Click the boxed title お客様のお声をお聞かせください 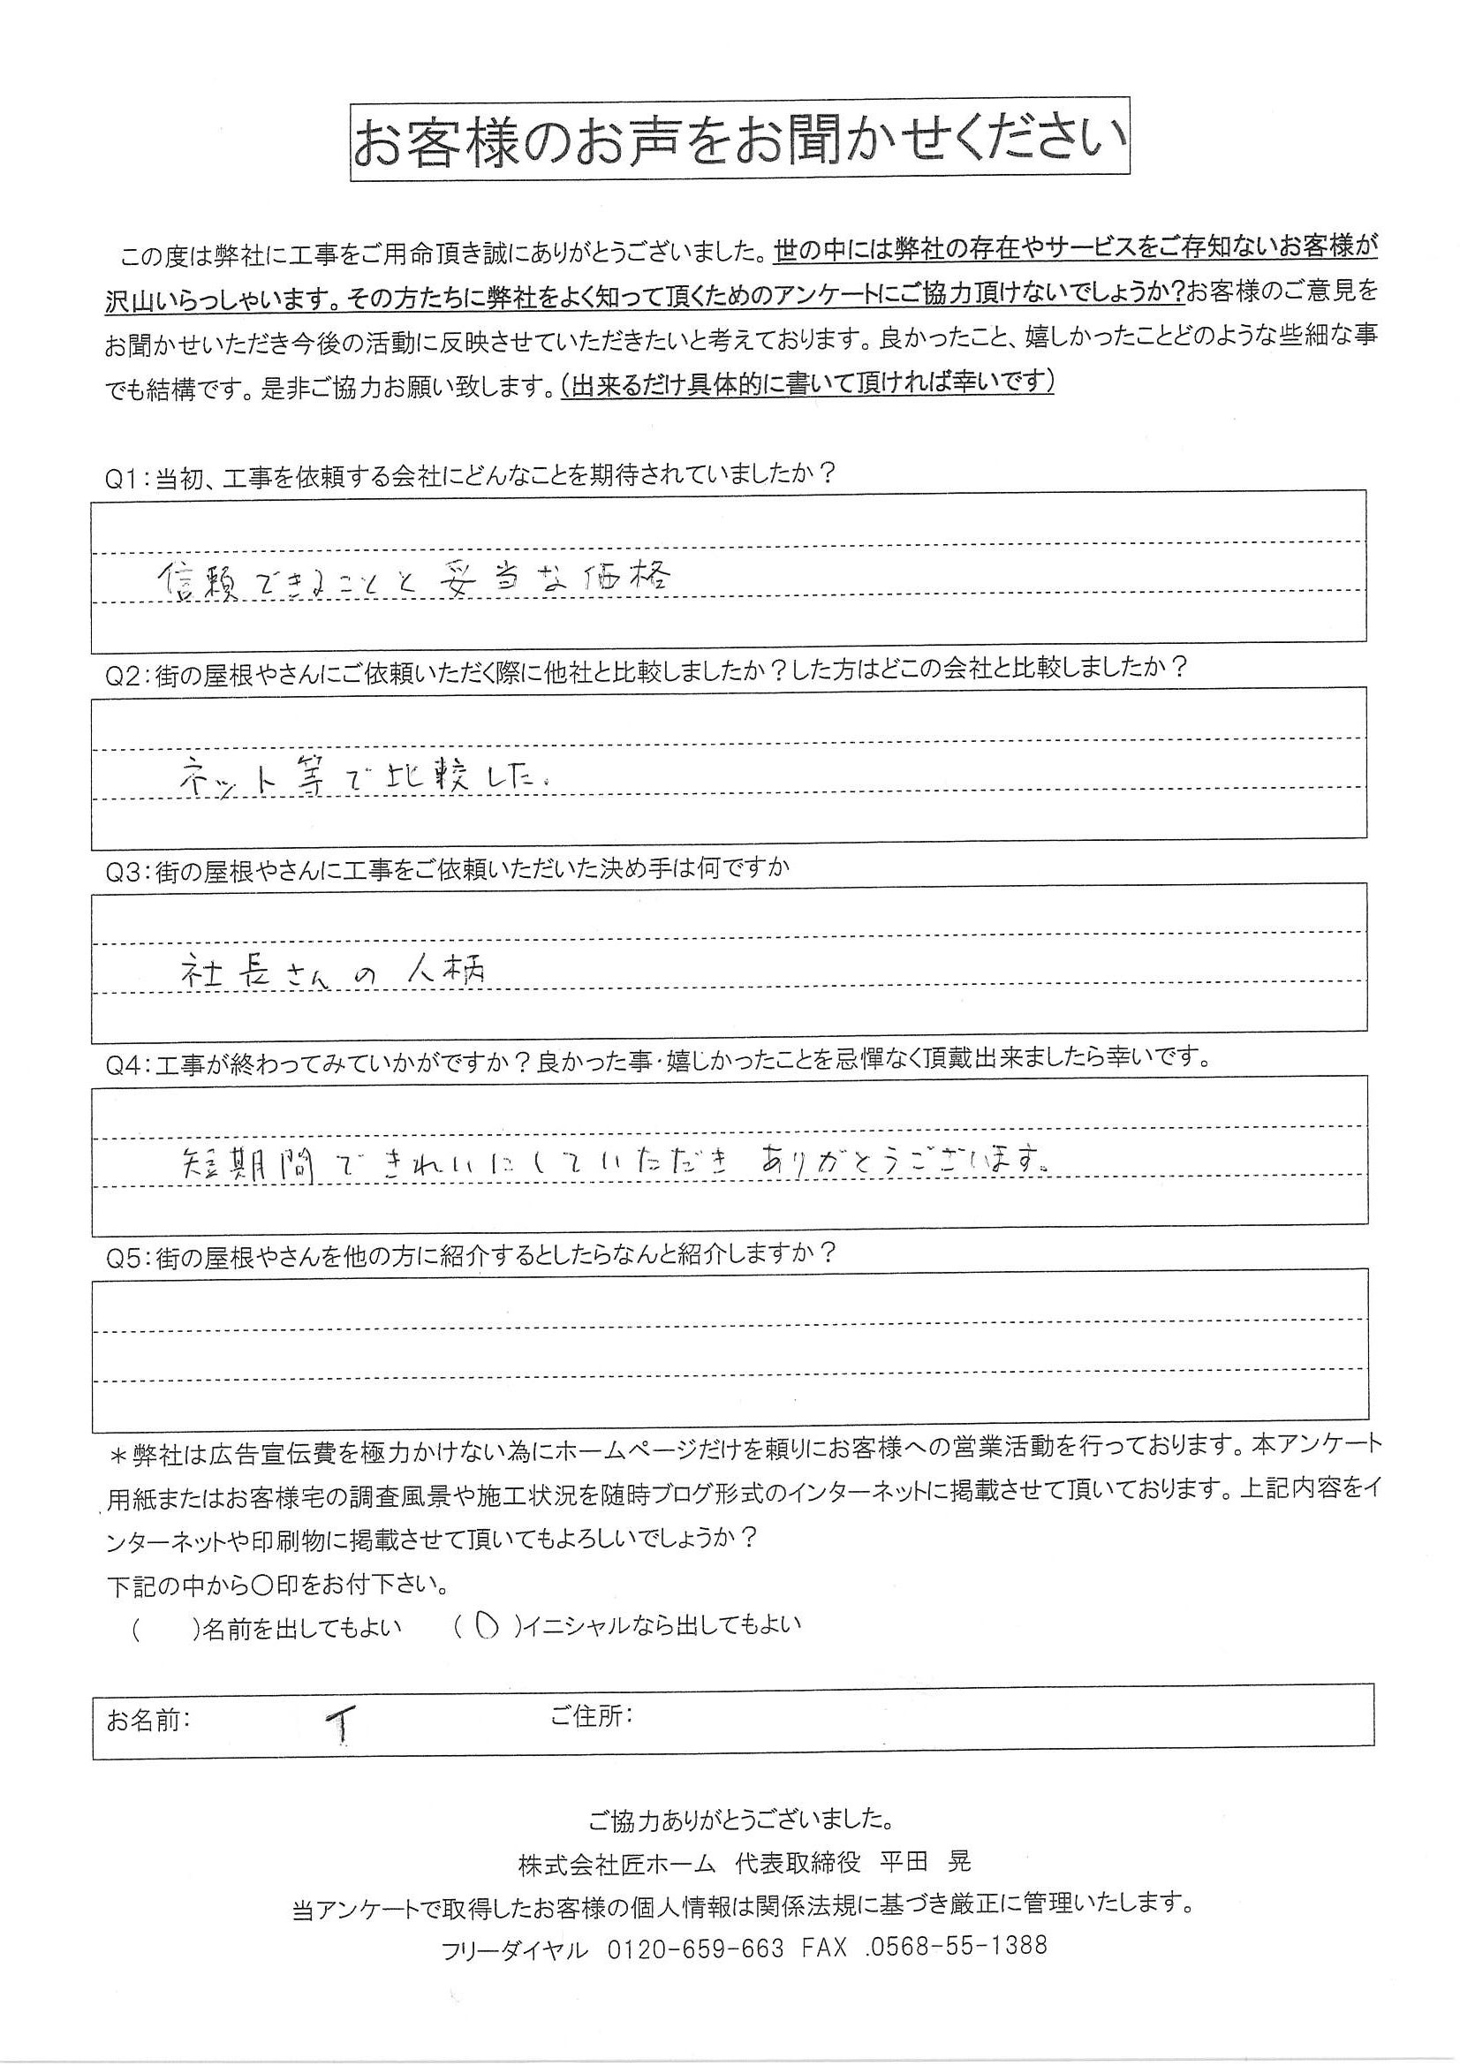[739, 140]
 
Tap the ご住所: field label [591, 1716]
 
